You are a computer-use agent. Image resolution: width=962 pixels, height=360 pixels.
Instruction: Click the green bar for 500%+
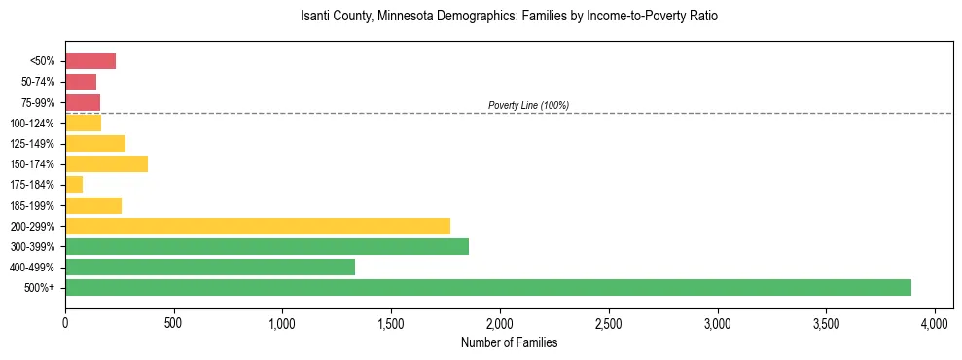[x=486, y=287]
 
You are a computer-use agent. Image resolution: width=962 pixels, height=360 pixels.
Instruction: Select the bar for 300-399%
[x=267, y=246]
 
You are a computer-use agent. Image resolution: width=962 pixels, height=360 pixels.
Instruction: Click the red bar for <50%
[x=90, y=61]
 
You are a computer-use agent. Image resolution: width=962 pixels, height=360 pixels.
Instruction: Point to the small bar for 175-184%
[x=74, y=185]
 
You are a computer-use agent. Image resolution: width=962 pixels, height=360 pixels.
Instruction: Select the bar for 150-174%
[x=106, y=163]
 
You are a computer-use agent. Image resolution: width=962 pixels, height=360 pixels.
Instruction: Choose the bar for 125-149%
[x=95, y=143]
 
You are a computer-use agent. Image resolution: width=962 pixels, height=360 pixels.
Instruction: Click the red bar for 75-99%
[x=83, y=102]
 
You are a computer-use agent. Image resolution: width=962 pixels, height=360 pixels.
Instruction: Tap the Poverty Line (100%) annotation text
[x=528, y=105]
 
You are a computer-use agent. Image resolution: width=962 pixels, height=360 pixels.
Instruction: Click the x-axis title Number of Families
[x=509, y=342]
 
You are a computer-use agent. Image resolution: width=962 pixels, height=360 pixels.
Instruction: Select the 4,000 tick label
[x=934, y=321]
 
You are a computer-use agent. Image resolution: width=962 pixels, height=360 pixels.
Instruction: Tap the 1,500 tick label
[x=391, y=321]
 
